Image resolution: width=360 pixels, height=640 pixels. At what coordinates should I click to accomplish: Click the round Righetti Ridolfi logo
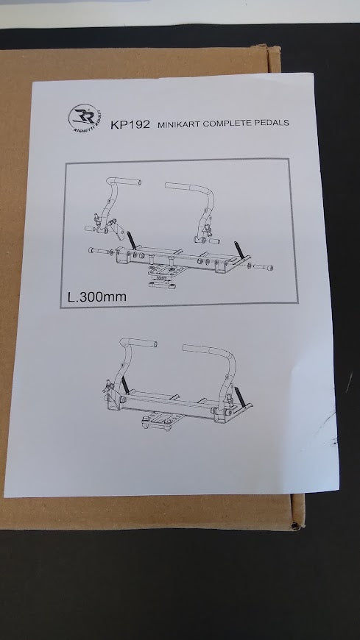(x=85, y=117)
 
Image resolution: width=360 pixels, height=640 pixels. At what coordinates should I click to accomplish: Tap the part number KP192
(x=130, y=124)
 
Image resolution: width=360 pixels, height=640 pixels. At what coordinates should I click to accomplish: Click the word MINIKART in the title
(x=179, y=124)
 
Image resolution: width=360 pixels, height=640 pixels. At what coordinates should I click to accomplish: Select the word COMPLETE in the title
(x=228, y=124)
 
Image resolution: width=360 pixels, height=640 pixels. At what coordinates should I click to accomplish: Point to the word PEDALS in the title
(x=272, y=122)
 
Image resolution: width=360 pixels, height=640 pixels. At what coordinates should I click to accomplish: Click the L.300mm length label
(x=97, y=296)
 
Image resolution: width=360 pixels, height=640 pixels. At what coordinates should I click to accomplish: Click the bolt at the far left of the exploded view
(x=97, y=250)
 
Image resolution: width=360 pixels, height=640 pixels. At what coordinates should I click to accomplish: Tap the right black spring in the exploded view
(x=239, y=249)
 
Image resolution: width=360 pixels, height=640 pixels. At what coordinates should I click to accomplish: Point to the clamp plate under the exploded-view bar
(x=163, y=277)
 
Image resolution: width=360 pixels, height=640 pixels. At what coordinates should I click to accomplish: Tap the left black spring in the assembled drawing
(x=124, y=385)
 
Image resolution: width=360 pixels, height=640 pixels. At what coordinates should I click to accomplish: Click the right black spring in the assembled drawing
(x=240, y=399)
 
